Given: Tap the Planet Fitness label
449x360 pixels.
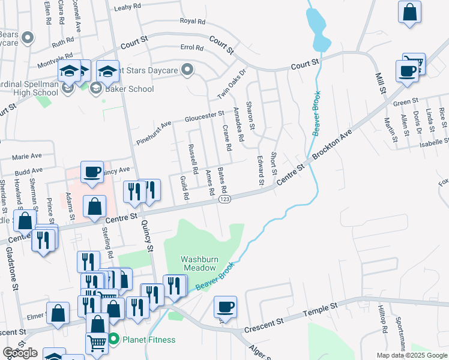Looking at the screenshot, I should (149, 340).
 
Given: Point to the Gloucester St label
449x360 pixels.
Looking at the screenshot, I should (204, 114).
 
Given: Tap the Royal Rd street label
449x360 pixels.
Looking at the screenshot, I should (193, 21).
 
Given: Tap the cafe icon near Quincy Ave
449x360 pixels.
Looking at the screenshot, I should (92, 172).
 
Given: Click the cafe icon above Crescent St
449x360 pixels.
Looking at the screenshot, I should (225, 307).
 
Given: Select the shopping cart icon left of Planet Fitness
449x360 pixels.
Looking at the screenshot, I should (97, 344).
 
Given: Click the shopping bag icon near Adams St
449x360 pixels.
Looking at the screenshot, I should (95, 207).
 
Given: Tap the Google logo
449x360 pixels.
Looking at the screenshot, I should (20, 353).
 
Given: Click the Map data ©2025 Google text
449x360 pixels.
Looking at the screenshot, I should (411, 355).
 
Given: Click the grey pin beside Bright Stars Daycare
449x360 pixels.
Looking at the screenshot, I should (187, 71).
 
